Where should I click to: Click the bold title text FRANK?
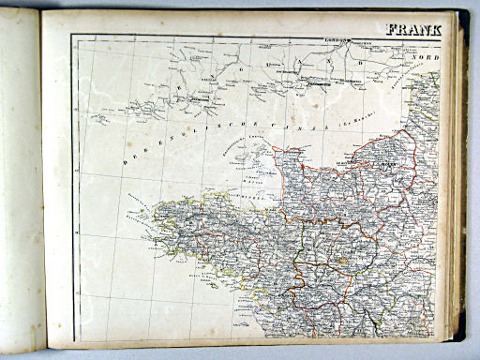(x=413, y=28)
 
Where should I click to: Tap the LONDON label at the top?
(x=336, y=42)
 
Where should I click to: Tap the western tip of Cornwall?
(x=94, y=119)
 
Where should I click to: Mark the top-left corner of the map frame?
(x=72, y=36)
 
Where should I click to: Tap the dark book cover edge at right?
(x=461, y=187)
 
